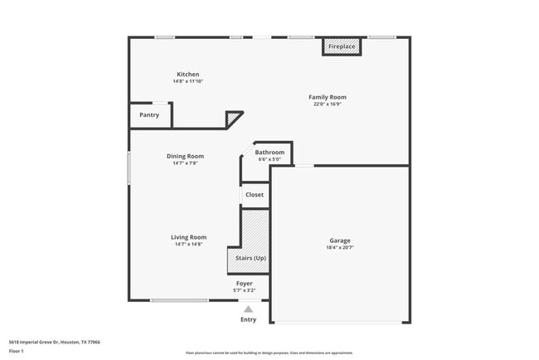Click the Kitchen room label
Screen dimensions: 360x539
[x=187, y=74]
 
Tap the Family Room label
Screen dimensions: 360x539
[x=328, y=97]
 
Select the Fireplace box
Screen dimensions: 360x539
[x=342, y=46]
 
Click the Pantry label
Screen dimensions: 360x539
[x=149, y=114]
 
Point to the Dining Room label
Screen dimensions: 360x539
[x=186, y=156]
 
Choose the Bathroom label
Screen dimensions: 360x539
[x=269, y=153]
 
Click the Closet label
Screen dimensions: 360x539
[x=255, y=195]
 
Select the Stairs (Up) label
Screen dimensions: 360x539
[x=250, y=259]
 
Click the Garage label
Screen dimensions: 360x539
[x=340, y=241]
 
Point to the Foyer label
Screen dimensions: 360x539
[x=244, y=284]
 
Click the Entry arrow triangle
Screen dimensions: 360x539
[x=247, y=309]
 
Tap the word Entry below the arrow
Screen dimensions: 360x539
[x=248, y=319]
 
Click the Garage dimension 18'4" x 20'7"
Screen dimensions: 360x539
[x=340, y=248]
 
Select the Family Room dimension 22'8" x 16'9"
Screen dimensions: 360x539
[x=328, y=105]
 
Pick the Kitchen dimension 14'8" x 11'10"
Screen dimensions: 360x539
[x=188, y=81]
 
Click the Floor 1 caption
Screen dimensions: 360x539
[x=17, y=352]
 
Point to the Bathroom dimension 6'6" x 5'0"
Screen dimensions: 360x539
[x=269, y=159]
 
